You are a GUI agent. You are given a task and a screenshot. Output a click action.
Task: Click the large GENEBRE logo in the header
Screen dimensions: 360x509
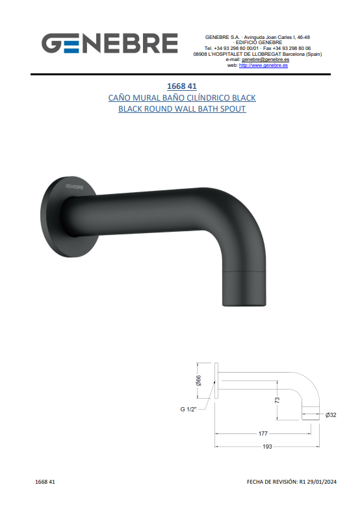[x=110, y=43]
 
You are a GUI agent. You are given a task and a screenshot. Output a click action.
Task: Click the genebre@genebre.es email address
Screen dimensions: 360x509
[x=265, y=60]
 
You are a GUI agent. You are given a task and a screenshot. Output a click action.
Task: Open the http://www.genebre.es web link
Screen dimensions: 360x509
[x=264, y=65]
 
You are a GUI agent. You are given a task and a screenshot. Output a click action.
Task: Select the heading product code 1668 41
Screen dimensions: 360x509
[x=182, y=86]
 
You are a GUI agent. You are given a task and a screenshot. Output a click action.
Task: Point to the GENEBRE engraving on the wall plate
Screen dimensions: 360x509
[x=74, y=187]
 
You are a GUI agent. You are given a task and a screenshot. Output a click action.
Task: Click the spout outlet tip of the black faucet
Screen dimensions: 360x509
[x=244, y=304]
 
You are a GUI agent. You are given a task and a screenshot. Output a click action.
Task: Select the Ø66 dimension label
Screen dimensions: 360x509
[x=199, y=380]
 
